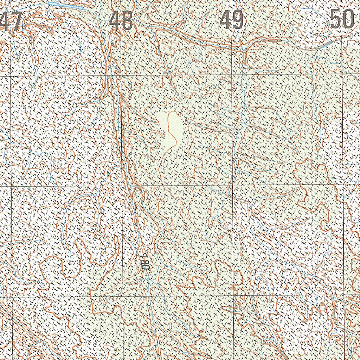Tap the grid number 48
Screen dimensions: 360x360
coord(121,20)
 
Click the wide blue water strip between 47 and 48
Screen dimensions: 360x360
coord(67,6)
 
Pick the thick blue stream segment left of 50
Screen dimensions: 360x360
coord(325,45)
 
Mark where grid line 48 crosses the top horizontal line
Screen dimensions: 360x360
coord(121,75)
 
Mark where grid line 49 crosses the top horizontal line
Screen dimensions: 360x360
coord(232,75)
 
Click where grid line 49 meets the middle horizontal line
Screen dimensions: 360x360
coord(232,185)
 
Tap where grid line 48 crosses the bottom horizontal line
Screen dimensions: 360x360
coord(123,296)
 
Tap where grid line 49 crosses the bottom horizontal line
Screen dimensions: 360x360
coord(233,295)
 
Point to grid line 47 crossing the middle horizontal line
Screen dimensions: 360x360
coord(12,186)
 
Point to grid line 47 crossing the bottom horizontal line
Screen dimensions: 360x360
coord(13,297)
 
